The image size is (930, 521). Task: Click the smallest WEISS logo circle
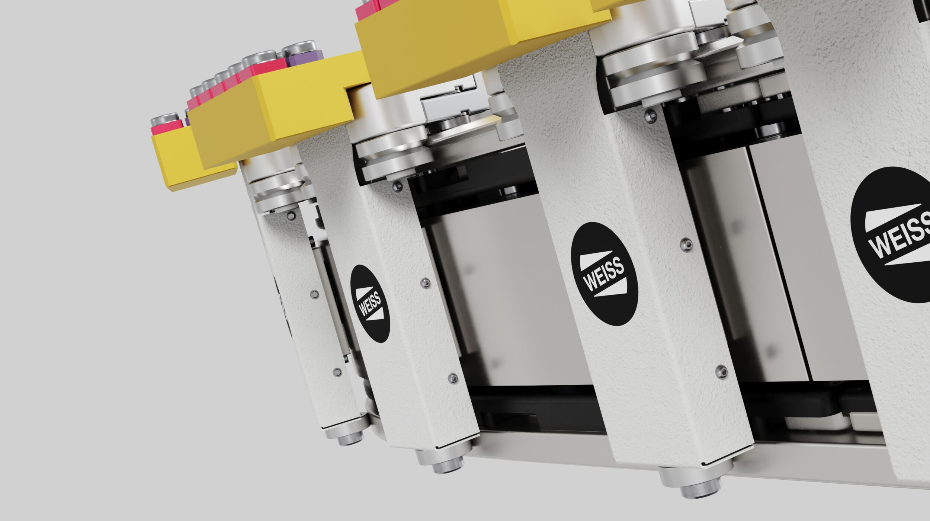[370, 304]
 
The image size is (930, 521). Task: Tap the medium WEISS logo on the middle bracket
[604, 274]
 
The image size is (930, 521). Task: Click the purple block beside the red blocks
[304, 58]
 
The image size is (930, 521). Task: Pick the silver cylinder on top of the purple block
[299, 48]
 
